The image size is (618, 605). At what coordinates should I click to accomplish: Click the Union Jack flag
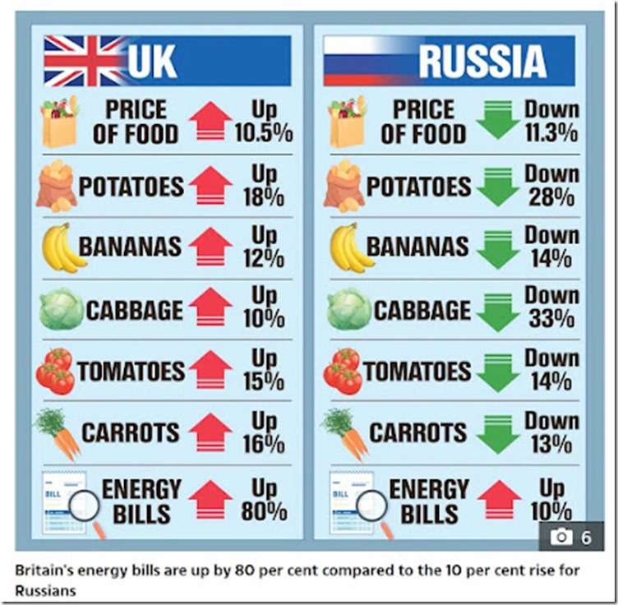tap(85, 61)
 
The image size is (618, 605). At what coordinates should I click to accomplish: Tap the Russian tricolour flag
tap(366, 61)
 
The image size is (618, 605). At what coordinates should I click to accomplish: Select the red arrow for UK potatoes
tap(210, 186)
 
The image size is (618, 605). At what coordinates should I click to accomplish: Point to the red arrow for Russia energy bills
tap(499, 499)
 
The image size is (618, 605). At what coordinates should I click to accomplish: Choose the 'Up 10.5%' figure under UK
tap(263, 122)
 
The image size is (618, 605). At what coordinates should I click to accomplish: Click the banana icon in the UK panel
tap(62, 247)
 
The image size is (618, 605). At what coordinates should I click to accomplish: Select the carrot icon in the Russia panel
tap(345, 433)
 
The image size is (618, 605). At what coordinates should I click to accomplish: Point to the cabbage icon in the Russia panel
tap(348, 309)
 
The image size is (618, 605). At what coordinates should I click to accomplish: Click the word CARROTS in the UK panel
tap(130, 432)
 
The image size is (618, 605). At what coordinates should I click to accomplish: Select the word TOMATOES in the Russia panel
tap(418, 371)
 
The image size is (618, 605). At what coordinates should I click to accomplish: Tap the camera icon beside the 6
tap(561, 537)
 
